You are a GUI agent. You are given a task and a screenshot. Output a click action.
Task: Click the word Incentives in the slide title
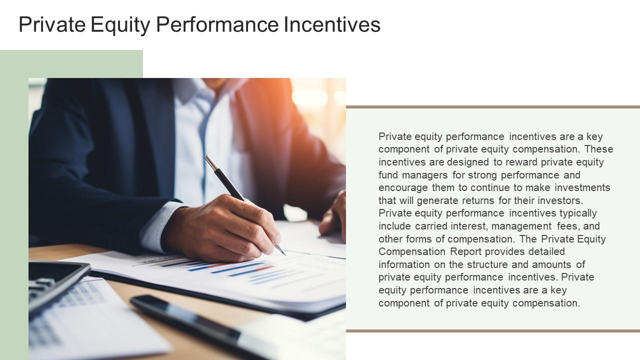point(332,24)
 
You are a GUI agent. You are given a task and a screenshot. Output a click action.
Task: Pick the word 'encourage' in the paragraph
point(403,187)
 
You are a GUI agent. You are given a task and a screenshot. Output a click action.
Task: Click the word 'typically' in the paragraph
point(578,213)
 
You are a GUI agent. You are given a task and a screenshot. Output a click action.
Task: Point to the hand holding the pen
point(225,227)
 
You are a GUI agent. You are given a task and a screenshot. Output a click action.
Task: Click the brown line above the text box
point(492,107)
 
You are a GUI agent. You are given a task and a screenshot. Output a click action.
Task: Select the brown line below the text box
point(492,330)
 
